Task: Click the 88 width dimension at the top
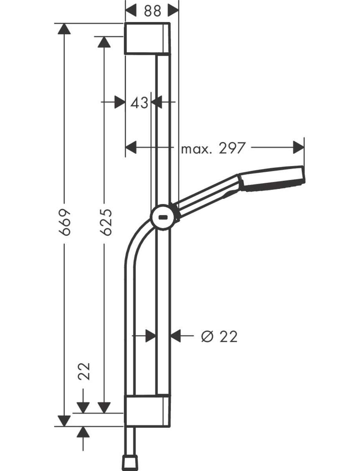click(x=153, y=11)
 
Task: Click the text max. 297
click(x=213, y=148)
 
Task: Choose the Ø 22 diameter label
click(x=219, y=336)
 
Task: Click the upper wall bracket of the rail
click(x=147, y=38)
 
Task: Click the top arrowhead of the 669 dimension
click(x=64, y=29)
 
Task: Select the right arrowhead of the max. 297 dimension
click(x=299, y=148)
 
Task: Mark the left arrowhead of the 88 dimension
click(x=131, y=10)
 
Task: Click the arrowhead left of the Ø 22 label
click(x=176, y=336)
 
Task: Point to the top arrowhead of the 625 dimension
click(x=104, y=42)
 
